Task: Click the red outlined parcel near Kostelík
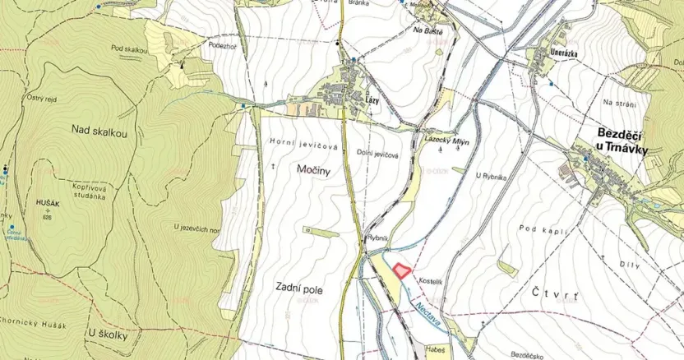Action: click(x=401, y=269)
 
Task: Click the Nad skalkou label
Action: click(x=99, y=130)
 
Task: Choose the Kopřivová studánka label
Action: click(x=78, y=192)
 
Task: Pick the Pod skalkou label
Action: click(x=131, y=50)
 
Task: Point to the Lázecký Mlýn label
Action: click(x=446, y=141)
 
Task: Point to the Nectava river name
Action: click(x=426, y=313)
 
